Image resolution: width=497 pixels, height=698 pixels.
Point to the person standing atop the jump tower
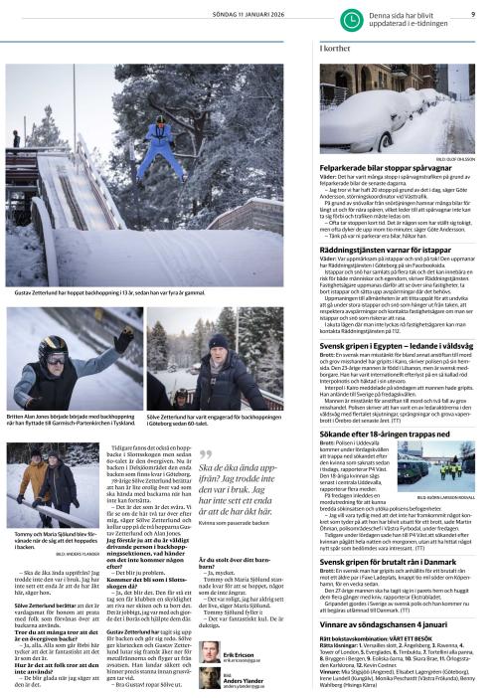16,136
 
